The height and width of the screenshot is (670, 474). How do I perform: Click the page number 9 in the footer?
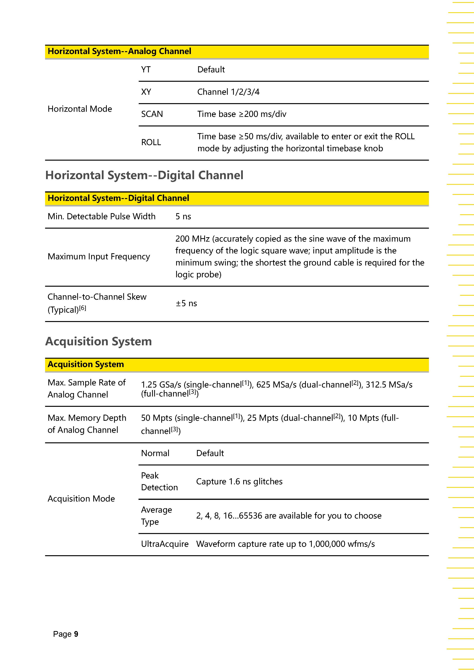coord(76,634)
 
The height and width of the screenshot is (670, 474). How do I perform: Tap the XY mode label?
coord(146,92)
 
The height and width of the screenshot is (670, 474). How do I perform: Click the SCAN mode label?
coord(152,114)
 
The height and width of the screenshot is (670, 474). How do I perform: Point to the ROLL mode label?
coord(151,142)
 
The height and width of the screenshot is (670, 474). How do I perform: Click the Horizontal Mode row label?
coord(80,109)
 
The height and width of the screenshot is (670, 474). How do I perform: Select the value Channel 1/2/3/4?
coord(228,92)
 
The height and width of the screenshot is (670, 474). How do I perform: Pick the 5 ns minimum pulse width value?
coord(183,217)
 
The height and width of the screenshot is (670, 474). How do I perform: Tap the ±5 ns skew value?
coord(186,303)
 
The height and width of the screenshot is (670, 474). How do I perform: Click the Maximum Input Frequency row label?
coord(99,257)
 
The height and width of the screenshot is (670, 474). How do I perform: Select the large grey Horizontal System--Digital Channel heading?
coord(144,175)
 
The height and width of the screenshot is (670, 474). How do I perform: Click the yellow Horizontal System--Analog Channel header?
coord(119,51)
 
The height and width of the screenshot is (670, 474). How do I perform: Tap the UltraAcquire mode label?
coord(165,544)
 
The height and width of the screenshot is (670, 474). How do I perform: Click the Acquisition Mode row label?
coord(81,498)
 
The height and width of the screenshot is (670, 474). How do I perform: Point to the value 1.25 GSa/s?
coord(161,385)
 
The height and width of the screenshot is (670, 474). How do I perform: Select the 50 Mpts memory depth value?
coord(156,418)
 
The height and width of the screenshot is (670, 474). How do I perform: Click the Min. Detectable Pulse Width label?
coord(101,217)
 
